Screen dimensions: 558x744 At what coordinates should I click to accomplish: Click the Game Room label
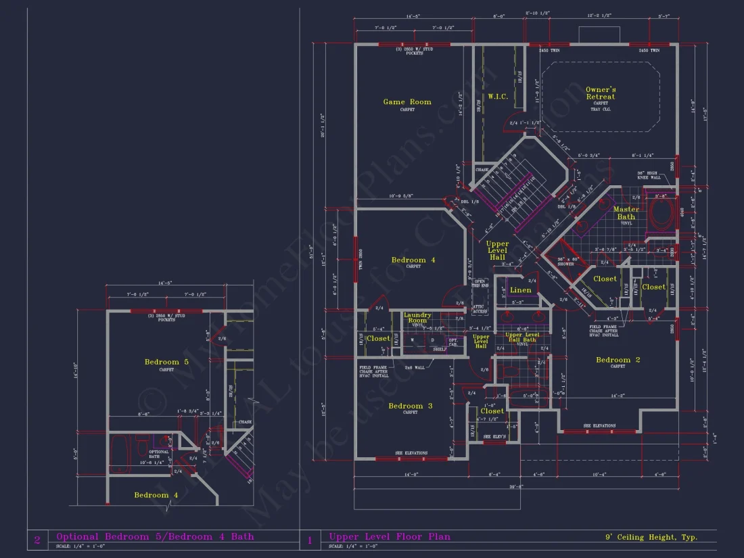(407, 102)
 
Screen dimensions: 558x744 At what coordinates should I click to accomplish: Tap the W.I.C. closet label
(498, 97)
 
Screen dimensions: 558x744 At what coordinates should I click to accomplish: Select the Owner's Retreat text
(601, 93)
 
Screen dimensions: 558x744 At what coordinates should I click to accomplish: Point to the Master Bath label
(626, 213)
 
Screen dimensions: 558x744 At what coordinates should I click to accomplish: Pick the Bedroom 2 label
(618, 360)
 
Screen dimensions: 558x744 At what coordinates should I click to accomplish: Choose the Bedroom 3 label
(411, 406)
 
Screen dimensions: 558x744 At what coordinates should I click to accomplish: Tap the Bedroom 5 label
(166, 362)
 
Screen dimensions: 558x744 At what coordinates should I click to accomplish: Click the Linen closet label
(521, 290)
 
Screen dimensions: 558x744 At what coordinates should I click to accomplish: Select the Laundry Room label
(417, 317)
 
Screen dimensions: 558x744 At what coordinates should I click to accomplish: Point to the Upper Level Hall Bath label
(523, 338)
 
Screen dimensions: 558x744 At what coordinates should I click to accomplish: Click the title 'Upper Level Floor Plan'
(390, 537)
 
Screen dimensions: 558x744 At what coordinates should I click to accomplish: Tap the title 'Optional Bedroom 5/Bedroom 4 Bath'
(155, 537)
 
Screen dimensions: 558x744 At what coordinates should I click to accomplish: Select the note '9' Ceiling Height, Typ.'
(651, 538)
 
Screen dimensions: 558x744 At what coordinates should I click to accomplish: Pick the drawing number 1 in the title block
(310, 540)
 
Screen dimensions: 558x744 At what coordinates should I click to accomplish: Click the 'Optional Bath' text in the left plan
(159, 454)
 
